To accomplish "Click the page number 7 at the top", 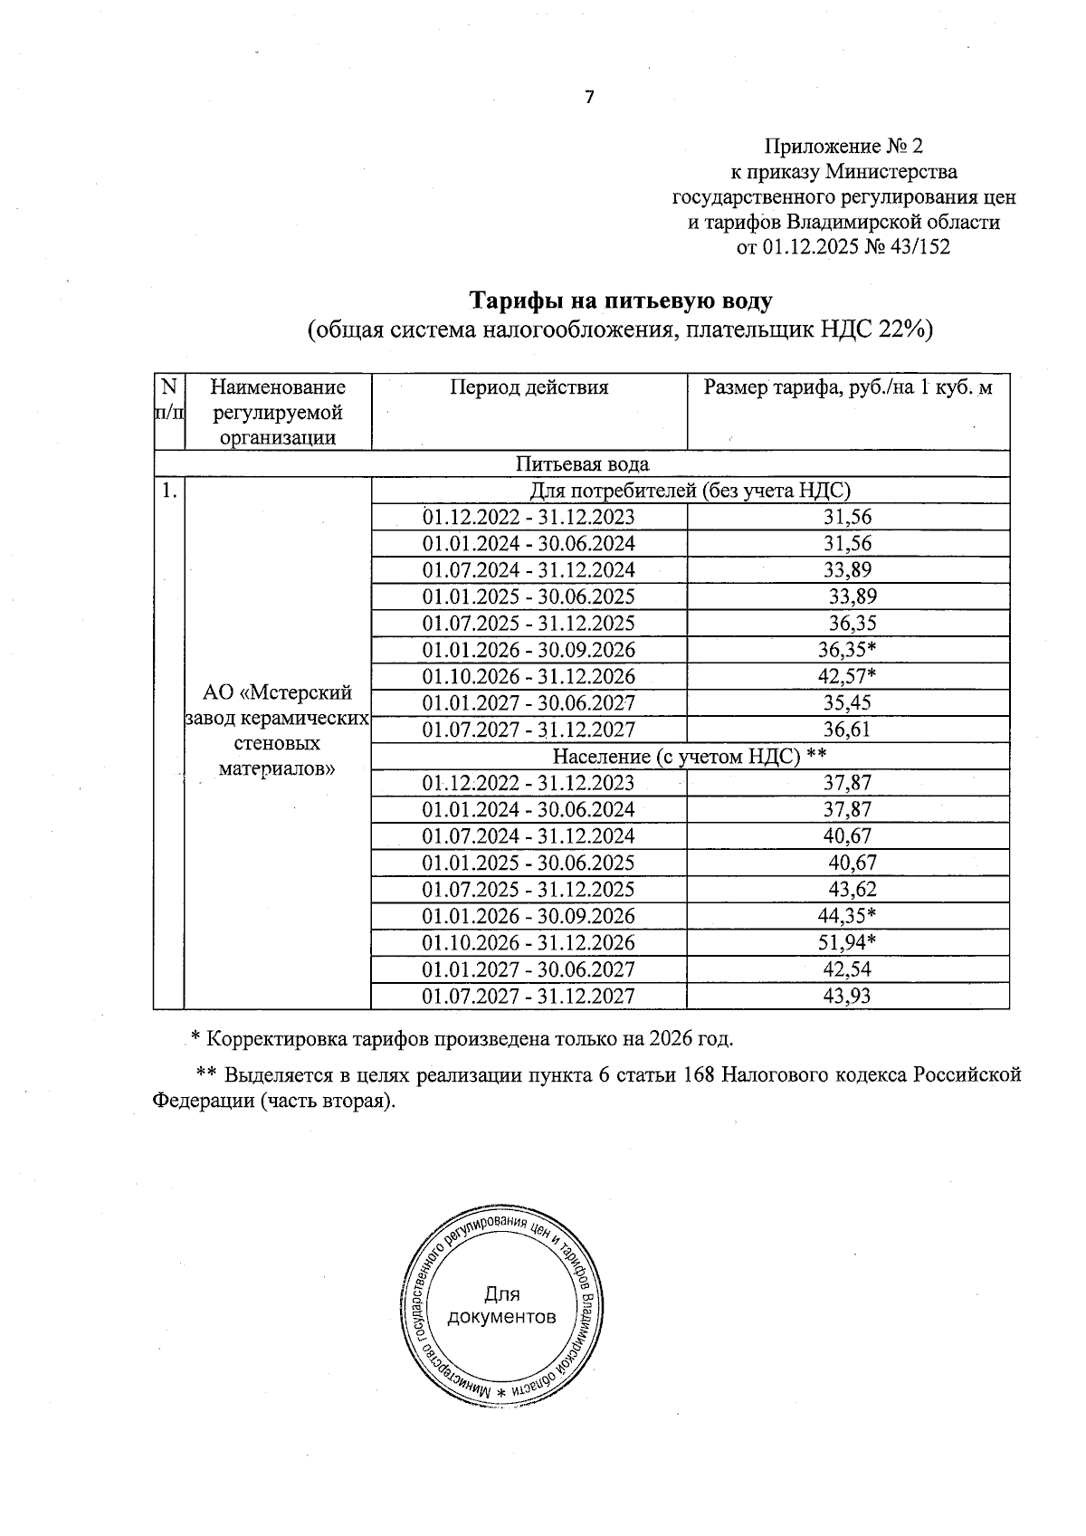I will pyautogui.click(x=589, y=98).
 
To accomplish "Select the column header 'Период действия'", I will pyautogui.click(x=529, y=388).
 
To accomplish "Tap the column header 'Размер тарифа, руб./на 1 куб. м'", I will pyautogui.click(x=848, y=388).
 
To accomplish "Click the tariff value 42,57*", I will pyautogui.click(x=847, y=676).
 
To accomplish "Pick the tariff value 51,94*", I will pyautogui.click(x=847, y=942).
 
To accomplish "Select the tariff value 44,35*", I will pyautogui.click(x=847, y=916).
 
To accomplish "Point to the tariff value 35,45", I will pyautogui.click(x=847, y=703).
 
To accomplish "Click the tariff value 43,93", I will pyautogui.click(x=847, y=997).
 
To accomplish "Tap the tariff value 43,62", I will pyautogui.click(x=853, y=890).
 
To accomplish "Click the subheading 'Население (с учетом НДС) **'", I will pyautogui.click(x=690, y=757).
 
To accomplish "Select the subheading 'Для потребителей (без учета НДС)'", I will pyautogui.click(x=690, y=491).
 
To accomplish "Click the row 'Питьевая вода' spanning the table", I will pyautogui.click(x=582, y=464).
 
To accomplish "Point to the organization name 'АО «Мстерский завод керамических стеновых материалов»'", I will pyautogui.click(x=277, y=730).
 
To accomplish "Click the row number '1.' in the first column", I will pyautogui.click(x=167, y=491).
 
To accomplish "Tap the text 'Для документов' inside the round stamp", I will pyautogui.click(x=501, y=1305).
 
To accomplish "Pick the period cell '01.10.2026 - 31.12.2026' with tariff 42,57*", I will pyautogui.click(x=529, y=676).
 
